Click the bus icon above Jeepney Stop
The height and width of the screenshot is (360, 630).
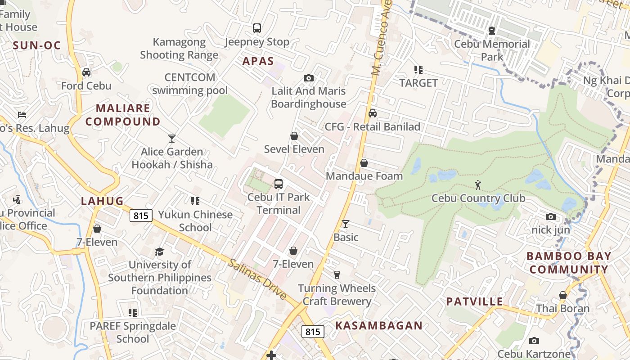256,28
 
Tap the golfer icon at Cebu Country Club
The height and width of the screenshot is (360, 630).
478,184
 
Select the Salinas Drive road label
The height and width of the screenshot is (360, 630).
257,279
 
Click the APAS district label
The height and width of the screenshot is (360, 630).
258,61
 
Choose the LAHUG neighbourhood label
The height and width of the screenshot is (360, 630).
102,201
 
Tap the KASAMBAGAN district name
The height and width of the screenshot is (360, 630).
379,325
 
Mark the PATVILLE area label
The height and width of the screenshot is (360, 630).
474,301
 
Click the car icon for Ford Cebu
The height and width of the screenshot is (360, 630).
86,72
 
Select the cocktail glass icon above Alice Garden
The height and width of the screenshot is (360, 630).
172,138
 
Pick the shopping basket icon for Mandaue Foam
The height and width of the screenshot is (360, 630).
364,163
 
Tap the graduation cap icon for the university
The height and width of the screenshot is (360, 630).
159,251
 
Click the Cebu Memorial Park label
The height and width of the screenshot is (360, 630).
492,50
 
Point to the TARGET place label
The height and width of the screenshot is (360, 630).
418,83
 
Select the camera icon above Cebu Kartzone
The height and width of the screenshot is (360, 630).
534,341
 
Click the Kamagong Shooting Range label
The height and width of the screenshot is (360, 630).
179,49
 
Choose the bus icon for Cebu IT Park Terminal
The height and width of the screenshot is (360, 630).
279,184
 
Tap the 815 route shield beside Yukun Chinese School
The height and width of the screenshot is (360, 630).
141,216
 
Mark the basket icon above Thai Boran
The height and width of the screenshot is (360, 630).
562,295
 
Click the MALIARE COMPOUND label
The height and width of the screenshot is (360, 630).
123,115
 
